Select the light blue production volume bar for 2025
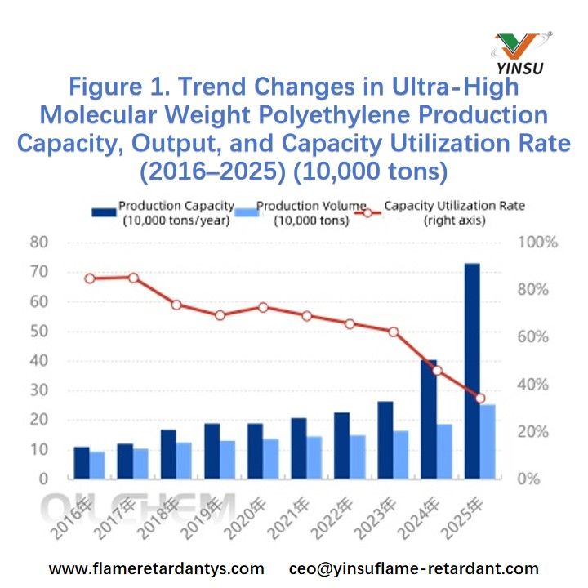click(487, 441)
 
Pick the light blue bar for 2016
click(97, 465)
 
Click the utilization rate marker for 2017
click(134, 278)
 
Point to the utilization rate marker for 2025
click(480, 399)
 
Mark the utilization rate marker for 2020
click(263, 307)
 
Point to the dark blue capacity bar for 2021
click(299, 448)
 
